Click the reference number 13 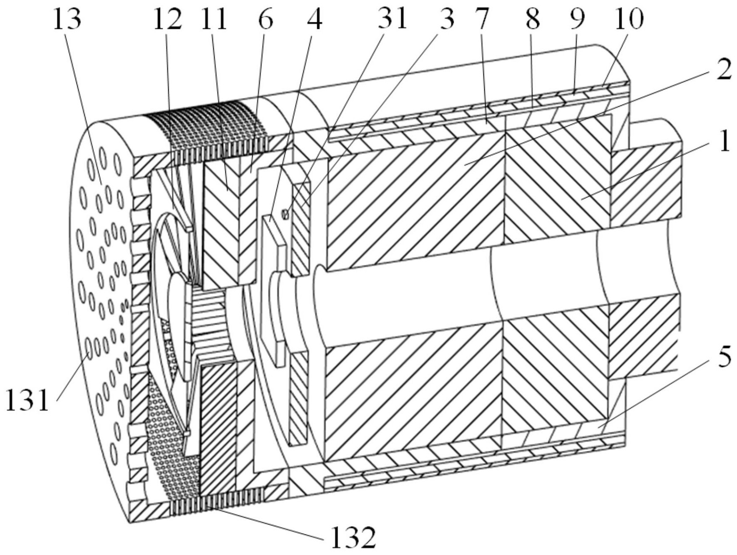[x=67, y=19]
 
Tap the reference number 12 [x=167, y=19]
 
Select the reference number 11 [x=215, y=19]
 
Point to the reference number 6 [x=265, y=19]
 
